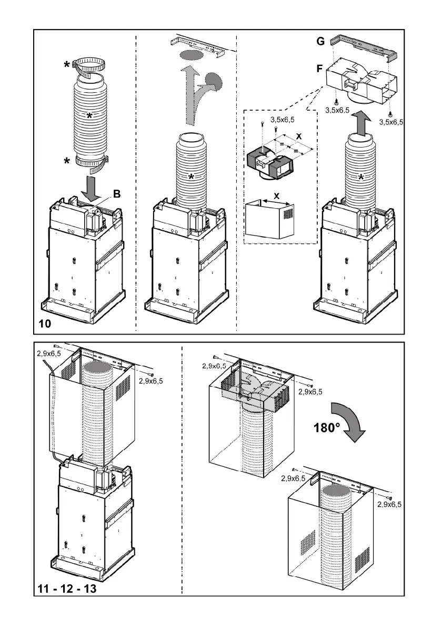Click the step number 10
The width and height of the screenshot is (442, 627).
click(45, 324)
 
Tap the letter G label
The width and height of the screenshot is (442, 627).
click(320, 41)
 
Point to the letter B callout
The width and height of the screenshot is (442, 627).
click(117, 194)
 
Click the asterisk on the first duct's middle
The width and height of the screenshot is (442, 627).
click(90, 115)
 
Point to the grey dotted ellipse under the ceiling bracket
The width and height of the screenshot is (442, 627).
click(192, 55)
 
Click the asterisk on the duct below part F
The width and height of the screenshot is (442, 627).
click(361, 177)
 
